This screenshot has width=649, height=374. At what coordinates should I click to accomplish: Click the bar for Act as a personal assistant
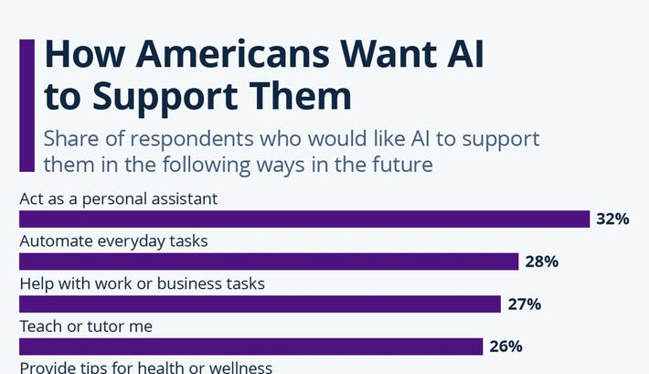click(x=304, y=219)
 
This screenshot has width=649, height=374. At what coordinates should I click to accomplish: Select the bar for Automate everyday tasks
click(x=269, y=262)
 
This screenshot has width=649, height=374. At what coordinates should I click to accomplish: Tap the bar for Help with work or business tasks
click(x=260, y=305)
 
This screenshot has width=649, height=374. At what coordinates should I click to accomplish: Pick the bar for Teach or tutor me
click(x=250, y=347)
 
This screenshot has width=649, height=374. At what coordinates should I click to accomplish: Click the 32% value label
click(x=612, y=219)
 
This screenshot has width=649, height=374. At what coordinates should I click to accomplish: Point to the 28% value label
click(x=541, y=262)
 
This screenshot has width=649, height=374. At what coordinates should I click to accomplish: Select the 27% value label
click(x=524, y=305)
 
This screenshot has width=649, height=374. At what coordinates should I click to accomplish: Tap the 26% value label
click(x=505, y=347)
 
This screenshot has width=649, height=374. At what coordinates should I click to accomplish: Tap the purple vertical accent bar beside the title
click(x=27, y=106)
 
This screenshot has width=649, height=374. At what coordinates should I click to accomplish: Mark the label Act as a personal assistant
click(x=119, y=198)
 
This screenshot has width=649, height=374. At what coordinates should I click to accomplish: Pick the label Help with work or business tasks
click(x=142, y=283)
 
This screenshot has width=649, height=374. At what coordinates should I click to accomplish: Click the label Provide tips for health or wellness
click(x=145, y=368)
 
